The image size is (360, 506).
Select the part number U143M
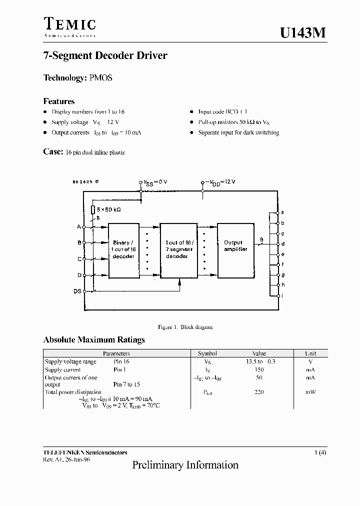click(x=303, y=33)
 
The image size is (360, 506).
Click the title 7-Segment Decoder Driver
click(x=105, y=55)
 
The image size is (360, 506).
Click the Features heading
click(x=59, y=101)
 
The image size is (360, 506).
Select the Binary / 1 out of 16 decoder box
click(x=123, y=249)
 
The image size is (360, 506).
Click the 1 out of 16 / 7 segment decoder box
click(x=178, y=249)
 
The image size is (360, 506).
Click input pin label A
click(x=78, y=226)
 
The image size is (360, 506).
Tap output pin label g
click(x=283, y=274)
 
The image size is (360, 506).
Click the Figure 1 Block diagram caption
click(x=185, y=327)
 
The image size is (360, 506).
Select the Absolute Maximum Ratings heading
click(x=94, y=339)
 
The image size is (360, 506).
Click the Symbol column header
click(x=207, y=353)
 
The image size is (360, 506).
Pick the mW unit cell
click(x=310, y=392)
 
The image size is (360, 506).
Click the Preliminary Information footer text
click(x=185, y=465)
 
